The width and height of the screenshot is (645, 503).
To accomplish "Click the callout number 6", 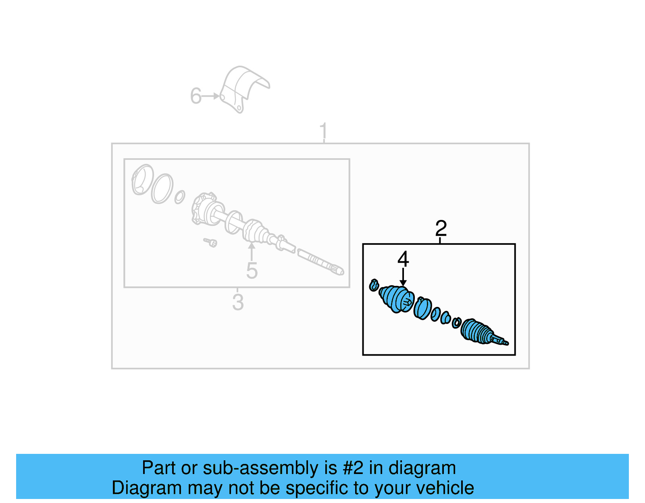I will pyautogui.click(x=196, y=96).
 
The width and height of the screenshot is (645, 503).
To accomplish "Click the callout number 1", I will pyautogui.click(x=323, y=131).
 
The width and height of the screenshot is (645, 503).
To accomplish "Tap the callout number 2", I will pyautogui.click(x=441, y=229).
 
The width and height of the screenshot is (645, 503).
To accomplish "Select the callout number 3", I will pyautogui.click(x=238, y=302).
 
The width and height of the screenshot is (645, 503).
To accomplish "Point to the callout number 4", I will pyautogui.click(x=403, y=259).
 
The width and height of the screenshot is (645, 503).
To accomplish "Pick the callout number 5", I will pyautogui.click(x=252, y=271).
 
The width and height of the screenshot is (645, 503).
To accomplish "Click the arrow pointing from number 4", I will pyautogui.click(x=403, y=278).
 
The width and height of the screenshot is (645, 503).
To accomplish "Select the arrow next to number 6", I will pyautogui.click(x=211, y=96).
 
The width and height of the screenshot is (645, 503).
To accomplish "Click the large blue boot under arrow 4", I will pyautogui.click(x=397, y=299).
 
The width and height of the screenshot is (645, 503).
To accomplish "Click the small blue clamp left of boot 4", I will pyautogui.click(x=374, y=285).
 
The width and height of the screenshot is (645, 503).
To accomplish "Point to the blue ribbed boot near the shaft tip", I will pyautogui.click(x=477, y=331).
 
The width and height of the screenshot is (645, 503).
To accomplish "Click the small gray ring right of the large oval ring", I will pyautogui.click(x=179, y=197).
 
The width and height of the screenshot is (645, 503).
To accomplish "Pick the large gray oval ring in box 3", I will pyautogui.click(x=162, y=188).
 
